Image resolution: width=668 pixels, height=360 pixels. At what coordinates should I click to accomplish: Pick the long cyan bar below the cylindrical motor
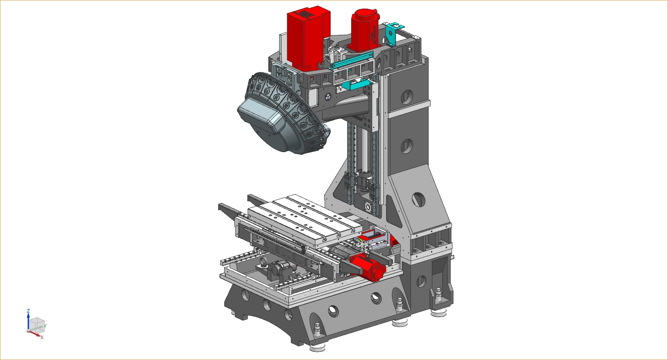352,60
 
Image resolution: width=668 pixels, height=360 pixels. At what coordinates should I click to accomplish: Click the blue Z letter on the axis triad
28,311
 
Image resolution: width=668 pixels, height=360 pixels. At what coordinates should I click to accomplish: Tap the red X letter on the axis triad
42,337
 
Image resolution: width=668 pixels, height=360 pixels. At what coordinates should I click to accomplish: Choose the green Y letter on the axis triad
46,326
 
